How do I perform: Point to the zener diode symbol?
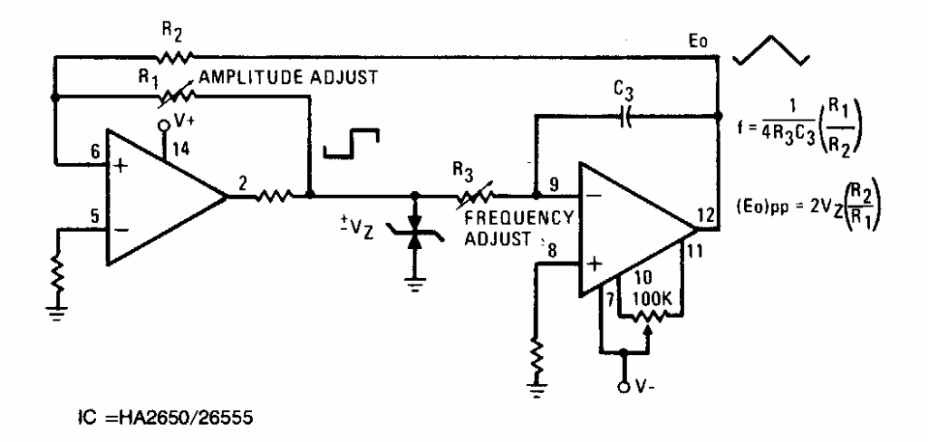pos(416,236)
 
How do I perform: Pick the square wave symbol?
pos(353,144)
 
